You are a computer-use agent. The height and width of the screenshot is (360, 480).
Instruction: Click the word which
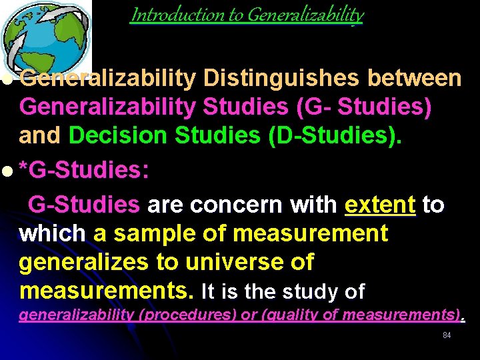(x=53, y=234)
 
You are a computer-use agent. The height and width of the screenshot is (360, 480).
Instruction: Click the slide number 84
(x=447, y=335)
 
